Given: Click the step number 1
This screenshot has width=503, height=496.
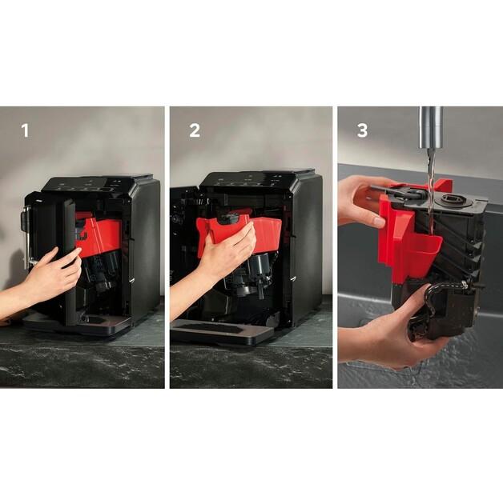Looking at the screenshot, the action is [25, 130].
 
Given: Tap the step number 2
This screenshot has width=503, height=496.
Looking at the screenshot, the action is [195, 130].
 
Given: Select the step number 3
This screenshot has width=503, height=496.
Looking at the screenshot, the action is [362, 130].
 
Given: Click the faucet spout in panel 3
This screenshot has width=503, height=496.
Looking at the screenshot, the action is [431, 127].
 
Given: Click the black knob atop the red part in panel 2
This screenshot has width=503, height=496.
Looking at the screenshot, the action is [228, 218].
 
